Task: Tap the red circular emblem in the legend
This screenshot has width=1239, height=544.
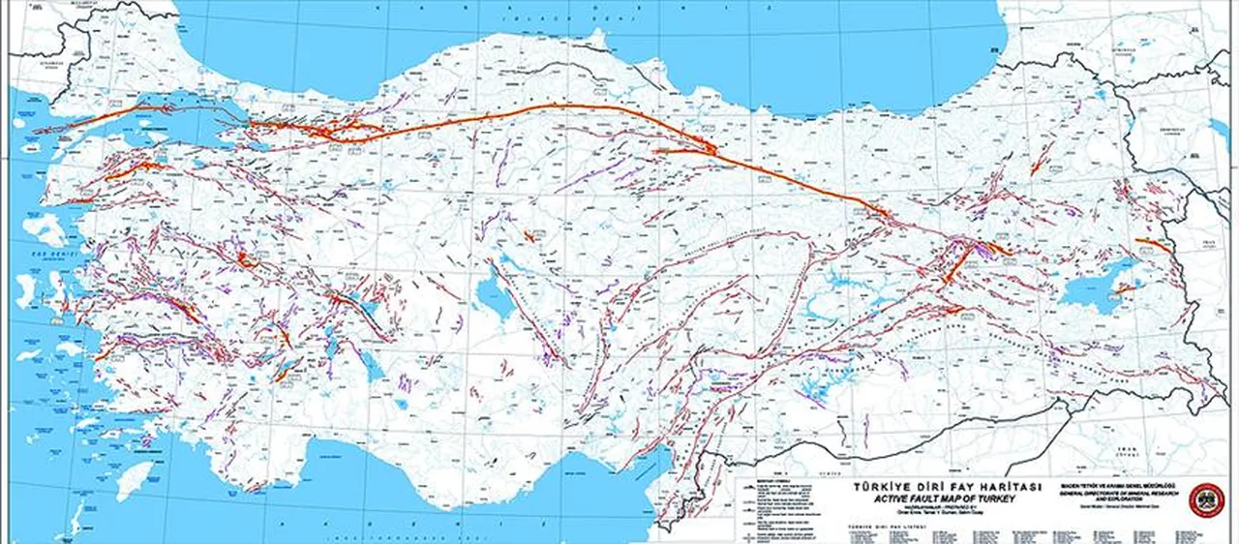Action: pos(1206,499)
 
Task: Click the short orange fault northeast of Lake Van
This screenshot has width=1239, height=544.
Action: pos(1152,246)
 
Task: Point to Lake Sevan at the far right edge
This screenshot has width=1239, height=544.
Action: pos(1219,130)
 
